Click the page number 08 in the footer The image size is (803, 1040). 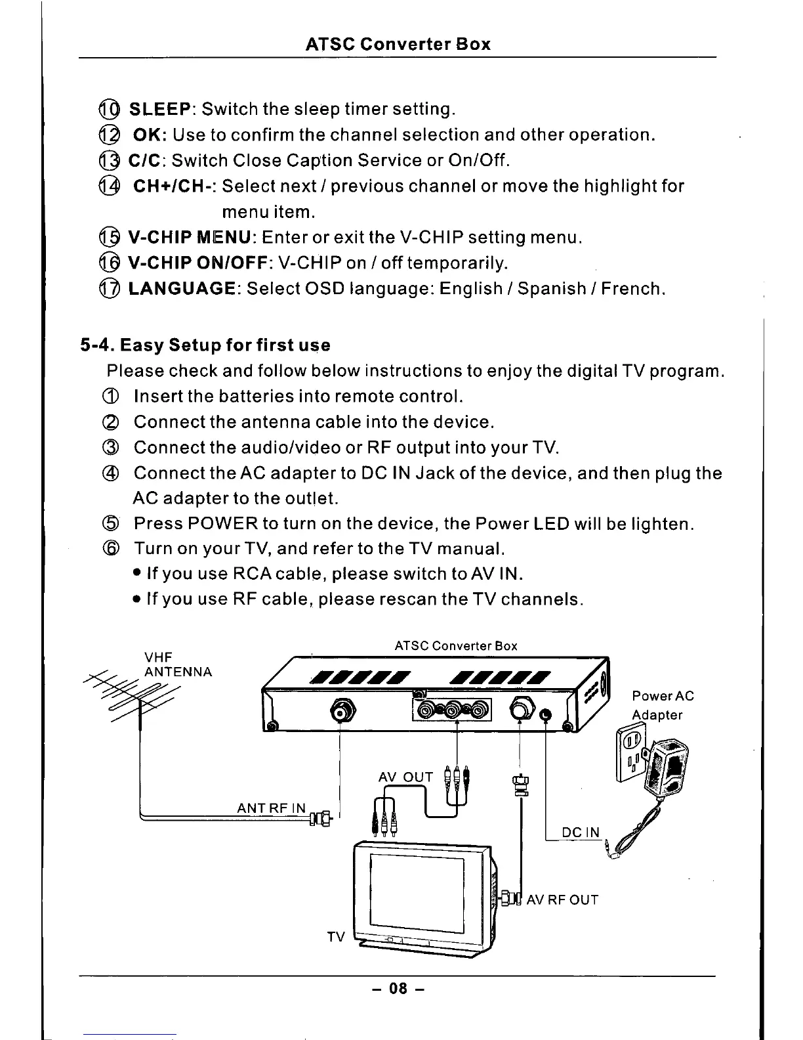pyautogui.click(x=398, y=988)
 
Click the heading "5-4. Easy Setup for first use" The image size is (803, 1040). pyautogui.click(x=205, y=345)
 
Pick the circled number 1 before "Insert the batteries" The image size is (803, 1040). pyautogui.click(x=110, y=397)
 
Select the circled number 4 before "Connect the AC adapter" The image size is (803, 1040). pyautogui.click(x=110, y=473)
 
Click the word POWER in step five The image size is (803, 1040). pyautogui.click(x=222, y=525)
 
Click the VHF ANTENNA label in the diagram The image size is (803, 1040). pyautogui.click(x=177, y=664)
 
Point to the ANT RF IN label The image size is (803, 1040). pyautogui.click(x=271, y=808)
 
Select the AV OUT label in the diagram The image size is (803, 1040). pyautogui.click(x=405, y=777)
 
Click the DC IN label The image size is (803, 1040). pyautogui.click(x=581, y=833)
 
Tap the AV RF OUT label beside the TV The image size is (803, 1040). pyautogui.click(x=563, y=899)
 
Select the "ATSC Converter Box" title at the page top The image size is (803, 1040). pyautogui.click(x=398, y=45)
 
